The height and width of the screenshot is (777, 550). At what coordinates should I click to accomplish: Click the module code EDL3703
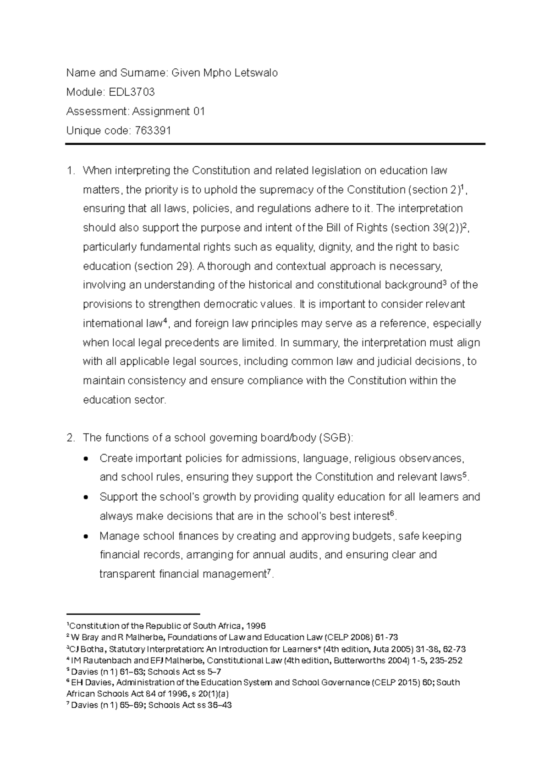click(132, 93)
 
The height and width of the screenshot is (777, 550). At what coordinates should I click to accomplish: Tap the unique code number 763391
click(153, 131)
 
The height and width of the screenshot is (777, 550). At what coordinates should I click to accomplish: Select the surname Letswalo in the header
click(257, 73)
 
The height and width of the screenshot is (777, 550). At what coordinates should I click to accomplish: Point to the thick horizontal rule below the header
click(275, 144)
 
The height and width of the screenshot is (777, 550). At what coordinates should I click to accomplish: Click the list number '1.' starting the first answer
click(70, 171)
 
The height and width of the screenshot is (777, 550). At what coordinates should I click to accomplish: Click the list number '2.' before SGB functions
click(70, 438)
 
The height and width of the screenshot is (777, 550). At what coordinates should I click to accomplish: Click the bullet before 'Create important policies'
click(87, 459)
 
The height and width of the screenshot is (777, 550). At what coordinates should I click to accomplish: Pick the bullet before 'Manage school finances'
click(87, 536)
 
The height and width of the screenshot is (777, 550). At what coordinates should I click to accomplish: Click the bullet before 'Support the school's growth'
click(87, 498)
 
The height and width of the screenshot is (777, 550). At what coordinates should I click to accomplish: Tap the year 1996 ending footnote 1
click(256, 626)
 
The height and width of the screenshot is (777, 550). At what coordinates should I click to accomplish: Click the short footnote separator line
click(133, 613)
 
